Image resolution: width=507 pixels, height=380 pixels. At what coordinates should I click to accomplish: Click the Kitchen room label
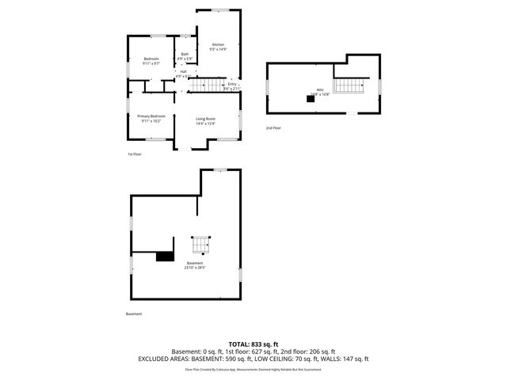(x=218, y=44)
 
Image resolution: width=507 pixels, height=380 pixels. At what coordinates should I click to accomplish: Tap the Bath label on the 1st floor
(x=184, y=54)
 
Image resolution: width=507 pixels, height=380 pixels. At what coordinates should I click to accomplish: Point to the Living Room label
(x=206, y=119)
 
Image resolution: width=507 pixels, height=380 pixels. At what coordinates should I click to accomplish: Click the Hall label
(x=183, y=71)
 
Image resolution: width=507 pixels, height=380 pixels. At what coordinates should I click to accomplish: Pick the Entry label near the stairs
(x=232, y=84)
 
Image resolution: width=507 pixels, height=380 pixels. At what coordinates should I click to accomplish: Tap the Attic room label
(x=320, y=89)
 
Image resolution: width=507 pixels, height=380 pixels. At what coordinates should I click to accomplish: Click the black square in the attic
(x=311, y=99)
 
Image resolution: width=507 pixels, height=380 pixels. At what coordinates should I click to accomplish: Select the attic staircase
(x=349, y=85)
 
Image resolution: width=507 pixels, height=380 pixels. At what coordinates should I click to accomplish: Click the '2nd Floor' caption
(x=273, y=127)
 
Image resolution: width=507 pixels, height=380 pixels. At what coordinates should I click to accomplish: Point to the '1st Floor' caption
(x=135, y=154)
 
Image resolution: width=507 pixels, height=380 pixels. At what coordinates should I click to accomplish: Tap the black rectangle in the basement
(x=165, y=256)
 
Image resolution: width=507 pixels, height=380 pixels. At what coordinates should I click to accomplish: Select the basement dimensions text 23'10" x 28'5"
(x=195, y=268)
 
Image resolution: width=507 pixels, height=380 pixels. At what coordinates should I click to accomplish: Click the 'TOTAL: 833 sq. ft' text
(x=253, y=344)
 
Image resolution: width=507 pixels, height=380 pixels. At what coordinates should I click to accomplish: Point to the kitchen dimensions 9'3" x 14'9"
(x=218, y=50)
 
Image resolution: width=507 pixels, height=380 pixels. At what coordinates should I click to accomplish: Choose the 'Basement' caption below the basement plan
(x=134, y=313)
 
